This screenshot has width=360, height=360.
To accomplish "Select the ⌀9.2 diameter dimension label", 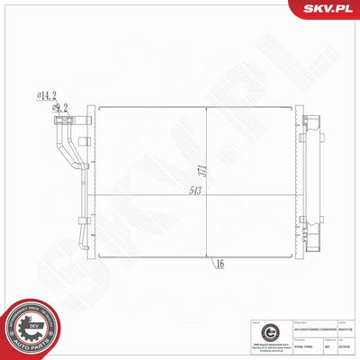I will click(x=61, y=108).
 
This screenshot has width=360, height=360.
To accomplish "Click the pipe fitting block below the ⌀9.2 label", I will click(x=60, y=121).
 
